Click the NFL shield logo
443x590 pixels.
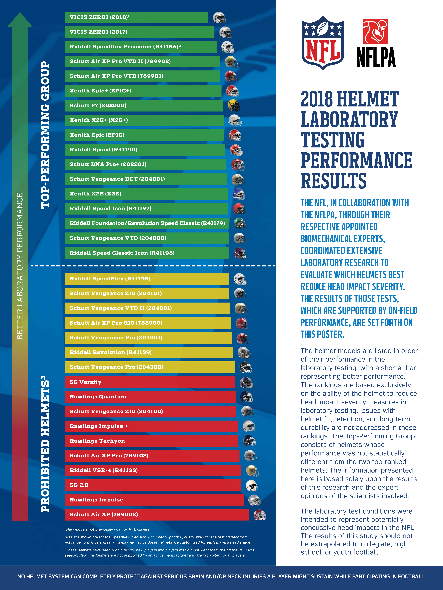323,43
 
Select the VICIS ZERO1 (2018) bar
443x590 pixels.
136,17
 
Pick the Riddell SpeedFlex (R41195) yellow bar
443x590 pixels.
146,279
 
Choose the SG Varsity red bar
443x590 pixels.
150,382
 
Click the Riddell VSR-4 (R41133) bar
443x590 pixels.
153,470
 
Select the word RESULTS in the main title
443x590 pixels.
334,181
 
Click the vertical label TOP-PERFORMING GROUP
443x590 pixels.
45,135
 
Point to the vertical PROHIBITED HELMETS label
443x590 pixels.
45,444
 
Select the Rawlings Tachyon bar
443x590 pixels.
151,441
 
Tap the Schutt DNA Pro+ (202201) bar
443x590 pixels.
145,164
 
